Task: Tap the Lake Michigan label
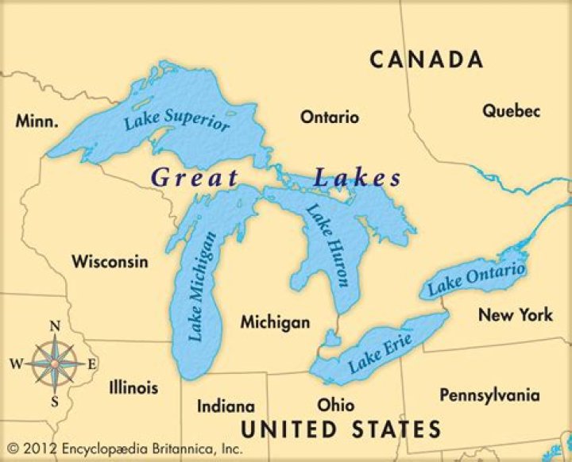coord(202,287)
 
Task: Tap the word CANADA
coord(426,60)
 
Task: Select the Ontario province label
coord(329,117)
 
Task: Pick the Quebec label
coord(511,111)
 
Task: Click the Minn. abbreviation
coord(37,121)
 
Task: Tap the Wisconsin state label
coord(110,261)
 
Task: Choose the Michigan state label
coord(275,323)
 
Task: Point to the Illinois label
coord(133,388)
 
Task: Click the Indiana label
coord(226,406)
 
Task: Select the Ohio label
coord(335,405)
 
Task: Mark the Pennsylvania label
coord(489,395)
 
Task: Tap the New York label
coord(515,315)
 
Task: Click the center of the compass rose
coord(55,363)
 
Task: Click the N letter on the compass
coord(55,326)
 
